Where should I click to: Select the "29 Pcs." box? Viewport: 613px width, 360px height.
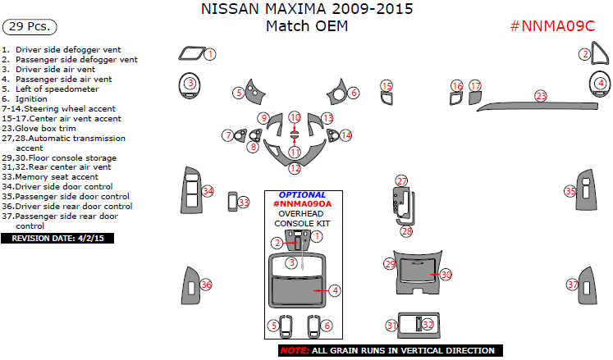tap(30, 26)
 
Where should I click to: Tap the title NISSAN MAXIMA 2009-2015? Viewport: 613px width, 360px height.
tap(307, 10)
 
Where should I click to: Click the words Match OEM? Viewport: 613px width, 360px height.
tap(307, 26)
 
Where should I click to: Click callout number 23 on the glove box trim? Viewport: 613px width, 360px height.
tap(541, 96)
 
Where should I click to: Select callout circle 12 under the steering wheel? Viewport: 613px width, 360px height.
tap(295, 168)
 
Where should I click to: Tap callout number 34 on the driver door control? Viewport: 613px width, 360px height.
tap(208, 191)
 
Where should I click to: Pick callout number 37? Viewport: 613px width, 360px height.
tap(573, 285)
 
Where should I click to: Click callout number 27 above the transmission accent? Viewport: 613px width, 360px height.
tap(401, 180)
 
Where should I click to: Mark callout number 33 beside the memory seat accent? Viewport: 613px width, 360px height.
tap(244, 202)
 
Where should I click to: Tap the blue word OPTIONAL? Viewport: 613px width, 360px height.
tap(302, 194)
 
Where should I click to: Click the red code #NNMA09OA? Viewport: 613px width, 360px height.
tap(302, 203)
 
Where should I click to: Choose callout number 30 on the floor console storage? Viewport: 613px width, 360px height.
tap(446, 275)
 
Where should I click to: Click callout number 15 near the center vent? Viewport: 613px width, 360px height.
tap(387, 85)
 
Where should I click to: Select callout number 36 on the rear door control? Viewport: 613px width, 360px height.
tap(206, 285)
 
